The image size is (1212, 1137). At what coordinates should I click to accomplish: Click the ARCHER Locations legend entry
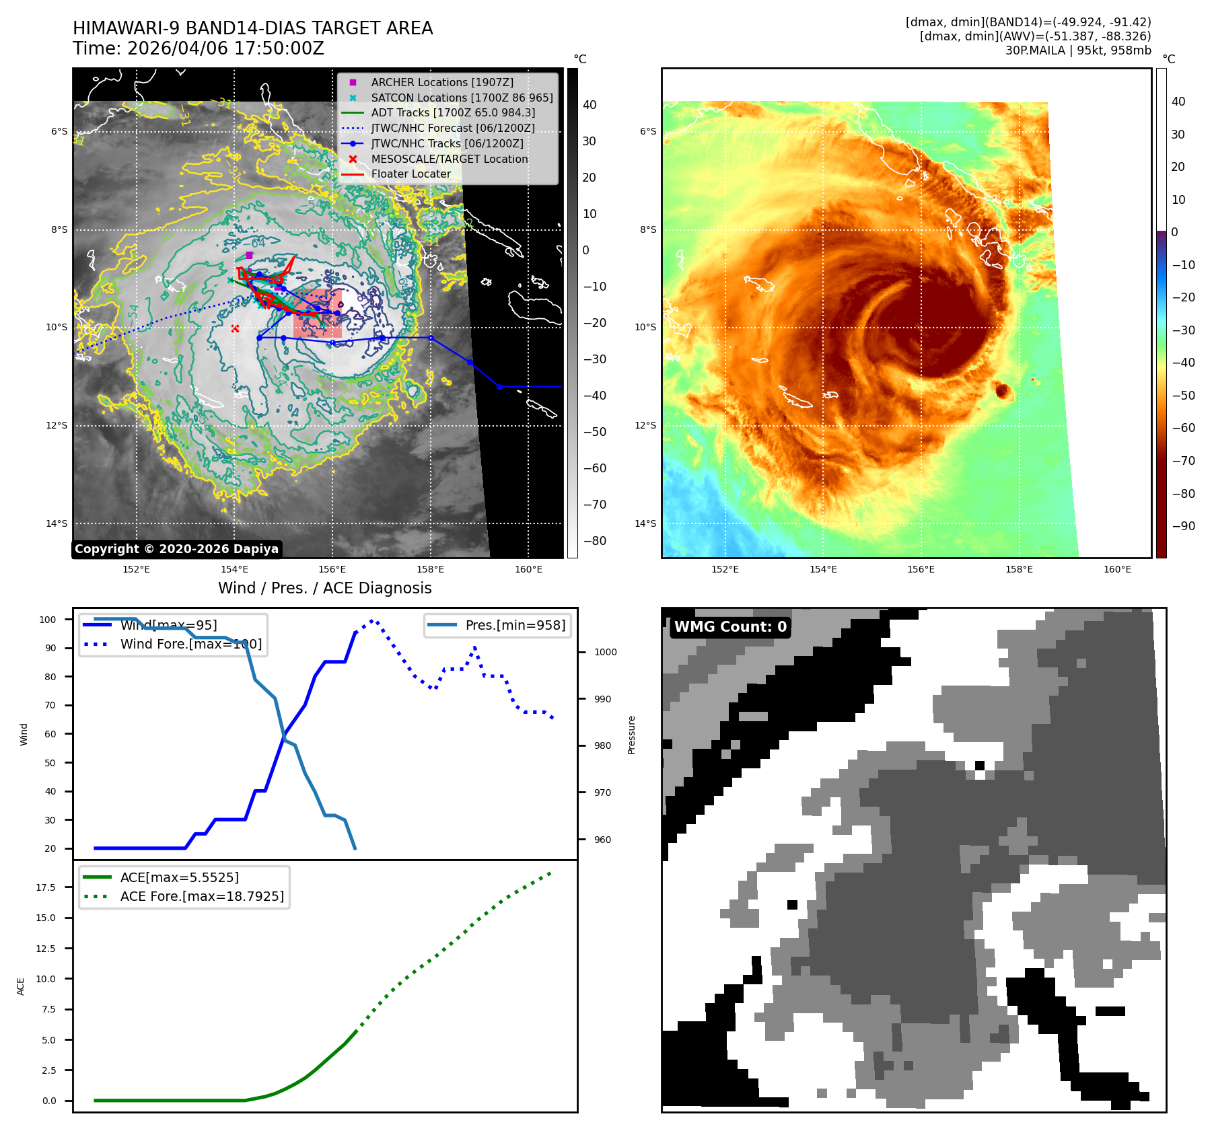441,82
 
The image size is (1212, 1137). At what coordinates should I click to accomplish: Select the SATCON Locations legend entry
462,98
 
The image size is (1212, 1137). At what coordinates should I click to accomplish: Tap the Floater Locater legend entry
411,174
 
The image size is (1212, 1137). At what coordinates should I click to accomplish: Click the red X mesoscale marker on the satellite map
235,328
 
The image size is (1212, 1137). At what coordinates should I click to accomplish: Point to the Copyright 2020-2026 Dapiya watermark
176,549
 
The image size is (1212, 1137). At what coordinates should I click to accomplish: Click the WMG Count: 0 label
730,627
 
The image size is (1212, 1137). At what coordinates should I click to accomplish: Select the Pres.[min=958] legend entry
515,625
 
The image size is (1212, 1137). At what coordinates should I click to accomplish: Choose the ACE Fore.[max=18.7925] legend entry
202,896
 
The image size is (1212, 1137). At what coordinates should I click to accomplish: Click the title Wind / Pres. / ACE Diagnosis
324,588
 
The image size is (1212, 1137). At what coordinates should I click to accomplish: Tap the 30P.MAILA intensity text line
1078,50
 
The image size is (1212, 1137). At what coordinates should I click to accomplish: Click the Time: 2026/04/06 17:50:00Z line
199,48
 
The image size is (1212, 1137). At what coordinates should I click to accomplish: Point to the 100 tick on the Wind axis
48,620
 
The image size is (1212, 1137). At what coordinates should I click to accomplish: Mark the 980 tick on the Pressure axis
602,745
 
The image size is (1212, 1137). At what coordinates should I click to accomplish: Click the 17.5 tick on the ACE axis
46,887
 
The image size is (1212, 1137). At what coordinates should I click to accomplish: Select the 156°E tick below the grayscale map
332,569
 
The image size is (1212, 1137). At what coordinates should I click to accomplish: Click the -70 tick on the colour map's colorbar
1183,461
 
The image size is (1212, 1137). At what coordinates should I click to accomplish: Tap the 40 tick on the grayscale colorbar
590,105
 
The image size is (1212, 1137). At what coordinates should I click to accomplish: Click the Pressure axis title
631,735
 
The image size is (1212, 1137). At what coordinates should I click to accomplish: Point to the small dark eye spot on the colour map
1002,390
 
